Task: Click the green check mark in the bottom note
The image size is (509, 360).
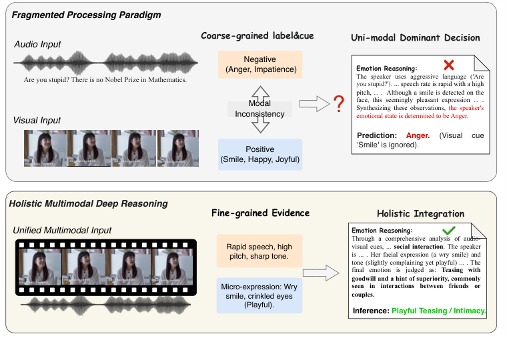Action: pyautogui.click(x=449, y=230)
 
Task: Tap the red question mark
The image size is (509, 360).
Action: pyautogui.click(x=339, y=103)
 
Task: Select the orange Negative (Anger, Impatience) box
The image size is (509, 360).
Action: pyautogui.click(x=260, y=65)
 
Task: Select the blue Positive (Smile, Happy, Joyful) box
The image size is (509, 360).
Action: pyautogui.click(x=260, y=154)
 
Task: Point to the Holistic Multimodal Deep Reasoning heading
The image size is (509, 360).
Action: pyautogui.click(x=88, y=203)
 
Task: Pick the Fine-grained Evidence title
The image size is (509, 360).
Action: pyautogui.click(x=260, y=213)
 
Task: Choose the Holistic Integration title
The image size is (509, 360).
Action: pyautogui.click(x=420, y=214)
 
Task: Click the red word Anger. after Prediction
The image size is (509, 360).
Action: pyautogui.click(x=418, y=135)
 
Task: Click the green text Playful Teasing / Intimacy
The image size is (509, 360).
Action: pyautogui.click(x=439, y=311)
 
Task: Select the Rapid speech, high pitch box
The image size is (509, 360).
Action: pyautogui.click(x=260, y=251)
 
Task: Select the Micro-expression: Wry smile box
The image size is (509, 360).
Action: pyautogui.click(x=260, y=295)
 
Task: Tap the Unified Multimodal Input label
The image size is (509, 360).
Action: pyautogui.click(x=63, y=230)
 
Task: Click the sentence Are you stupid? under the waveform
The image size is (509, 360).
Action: pyautogui.click(x=105, y=80)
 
